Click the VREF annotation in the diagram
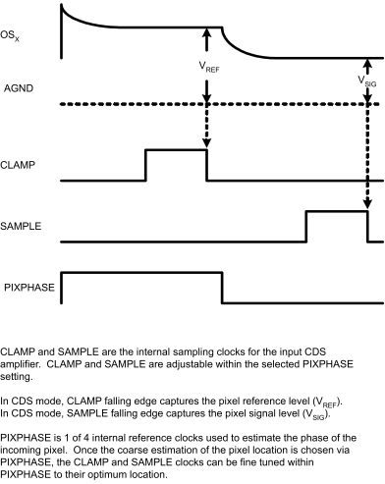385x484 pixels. pyautogui.click(x=208, y=71)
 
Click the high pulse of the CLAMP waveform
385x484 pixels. pyautogui.click(x=176, y=150)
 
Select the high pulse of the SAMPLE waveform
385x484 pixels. pyautogui.click(x=336, y=211)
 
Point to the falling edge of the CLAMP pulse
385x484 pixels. pyautogui.click(x=207, y=165)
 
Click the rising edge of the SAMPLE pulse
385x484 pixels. pyautogui.click(x=305, y=225)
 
